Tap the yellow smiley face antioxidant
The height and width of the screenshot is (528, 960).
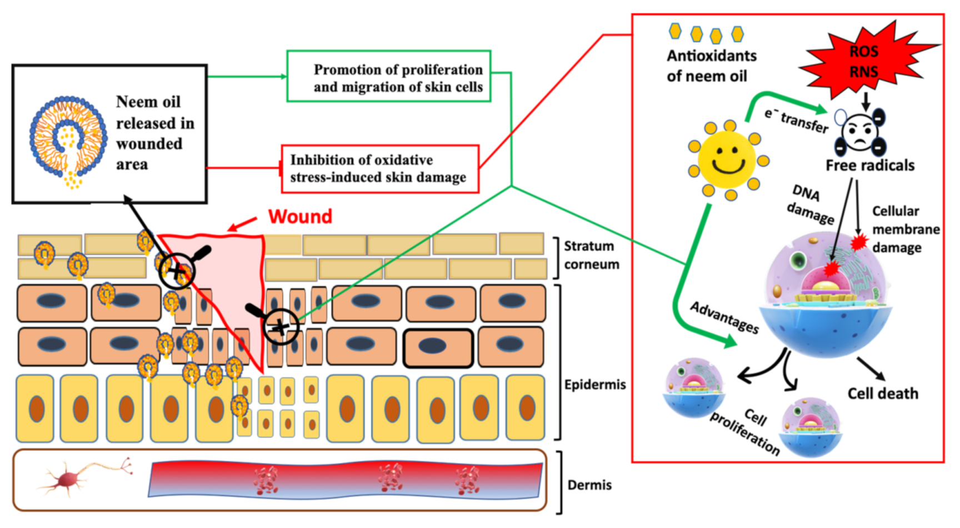click(x=728, y=160)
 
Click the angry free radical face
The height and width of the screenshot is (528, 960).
click(x=859, y=133)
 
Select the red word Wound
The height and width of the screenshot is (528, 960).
click(x=300, y=216)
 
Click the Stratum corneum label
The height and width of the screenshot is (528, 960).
click(x=592, y=255)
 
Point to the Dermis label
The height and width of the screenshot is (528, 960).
click(x=589, y=485)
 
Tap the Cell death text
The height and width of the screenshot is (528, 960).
click(x=883, y=393)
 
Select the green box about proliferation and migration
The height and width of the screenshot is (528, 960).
click(x=389, y=76)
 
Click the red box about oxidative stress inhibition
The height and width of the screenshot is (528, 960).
click(x=380, y=169)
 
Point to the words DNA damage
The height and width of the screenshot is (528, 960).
click(x=811, y=205)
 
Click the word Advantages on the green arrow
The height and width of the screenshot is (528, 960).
click(x=724, y=317)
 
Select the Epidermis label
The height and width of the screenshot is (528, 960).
click(x=595, y=385)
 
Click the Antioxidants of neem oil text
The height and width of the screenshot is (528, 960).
click(x=712, y=66)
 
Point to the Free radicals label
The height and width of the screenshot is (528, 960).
click(x=870, y=166)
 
